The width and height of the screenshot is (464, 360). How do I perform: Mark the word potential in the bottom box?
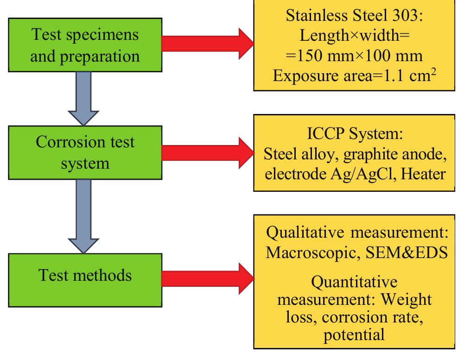pyautogui.click(x=355, y=334)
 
